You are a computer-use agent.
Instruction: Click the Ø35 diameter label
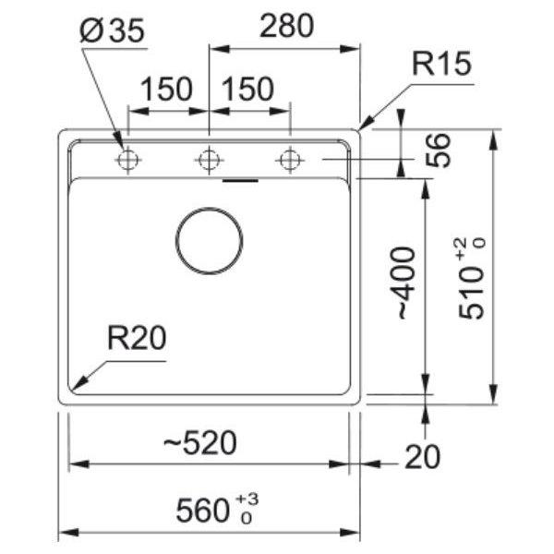pyautogui.click(x=113, y=30)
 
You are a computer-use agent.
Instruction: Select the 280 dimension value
pyautogui.click(x=286, y=26)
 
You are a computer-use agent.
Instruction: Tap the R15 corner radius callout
pyautogui.click(x=441, y=64)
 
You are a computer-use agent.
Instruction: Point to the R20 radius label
pyautogui.click(x=137, y=338)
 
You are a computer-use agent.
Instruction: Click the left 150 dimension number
pyautogui.click(x=166, y=89)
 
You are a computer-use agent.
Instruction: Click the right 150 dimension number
pyautogui.click(x=247, y=89)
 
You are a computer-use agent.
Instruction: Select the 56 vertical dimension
pyautogui.click(x=438, y=151)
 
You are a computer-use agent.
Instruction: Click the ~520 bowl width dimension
pyautogui.click(x=200, y=442)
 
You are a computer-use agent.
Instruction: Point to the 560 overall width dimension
pyautogui.click(x=203, y=511)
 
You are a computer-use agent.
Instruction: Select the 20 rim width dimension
pyautogui.click(x=423, y=457)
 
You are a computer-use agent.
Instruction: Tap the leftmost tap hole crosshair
pyautogui.click(x=128, y=160)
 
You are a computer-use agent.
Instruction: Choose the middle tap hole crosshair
pyautogui.click(x=210, y=160)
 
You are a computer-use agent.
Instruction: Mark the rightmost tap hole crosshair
pyautogui.click(x=290, y=160)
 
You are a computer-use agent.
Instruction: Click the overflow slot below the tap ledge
pyautogui.click(x=240, y=181)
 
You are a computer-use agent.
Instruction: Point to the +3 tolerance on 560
pyautogui.click(x=247, y=500)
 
